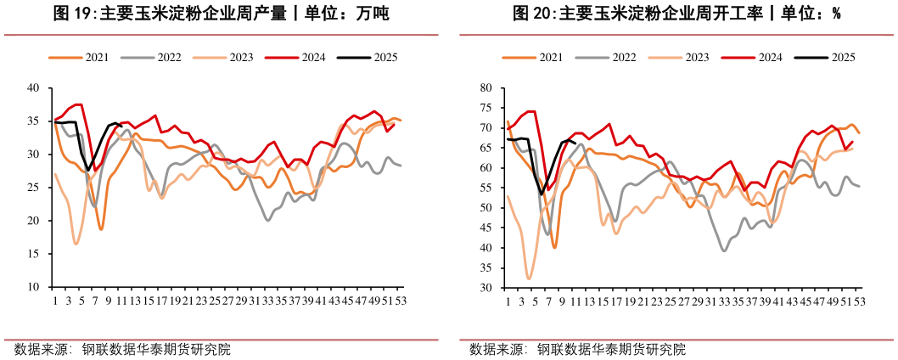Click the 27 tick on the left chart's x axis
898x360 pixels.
click(x=227, y=301)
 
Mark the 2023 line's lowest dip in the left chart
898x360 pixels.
click(x=76, y=244)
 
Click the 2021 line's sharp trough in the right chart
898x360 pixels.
click(x=555, y=247)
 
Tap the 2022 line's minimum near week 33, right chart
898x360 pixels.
click(x=724, y=250)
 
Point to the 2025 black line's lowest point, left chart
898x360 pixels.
click(x=88, y=171)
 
